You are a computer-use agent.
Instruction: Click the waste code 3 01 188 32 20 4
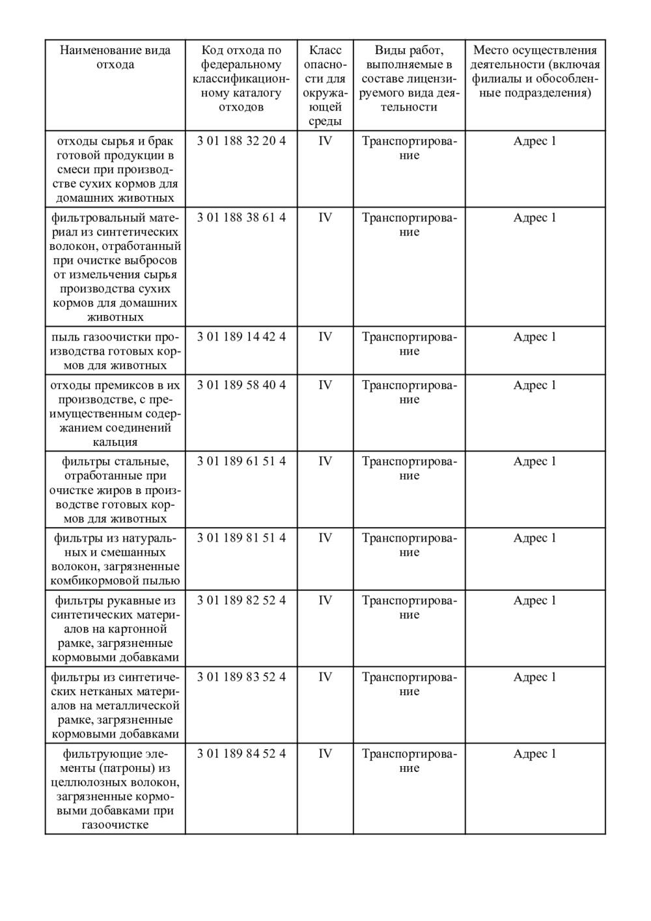(241, 141)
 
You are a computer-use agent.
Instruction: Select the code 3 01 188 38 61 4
(241, 217)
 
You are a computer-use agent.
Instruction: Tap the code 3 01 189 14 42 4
(241, 337)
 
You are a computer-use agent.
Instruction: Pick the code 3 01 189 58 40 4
(241, 385)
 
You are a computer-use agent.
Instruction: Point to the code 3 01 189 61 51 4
(241, 461)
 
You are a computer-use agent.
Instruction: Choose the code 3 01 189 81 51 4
(241, 538)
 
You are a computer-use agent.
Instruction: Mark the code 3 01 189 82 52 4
(241, 600)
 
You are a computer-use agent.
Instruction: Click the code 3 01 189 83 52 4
(241, 677)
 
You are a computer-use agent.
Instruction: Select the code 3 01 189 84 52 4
(241, 754)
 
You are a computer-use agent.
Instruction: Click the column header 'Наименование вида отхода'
(115, 57)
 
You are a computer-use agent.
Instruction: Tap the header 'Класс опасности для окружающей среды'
(325, 85)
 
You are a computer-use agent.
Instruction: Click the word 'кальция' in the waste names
(115, 442)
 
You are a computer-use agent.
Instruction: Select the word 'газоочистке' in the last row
(115, 825)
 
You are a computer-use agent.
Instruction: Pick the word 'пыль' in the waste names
(64, 337)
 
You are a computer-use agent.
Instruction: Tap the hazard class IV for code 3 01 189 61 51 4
(325, 461)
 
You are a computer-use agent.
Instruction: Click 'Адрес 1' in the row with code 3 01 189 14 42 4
(534, 337)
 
